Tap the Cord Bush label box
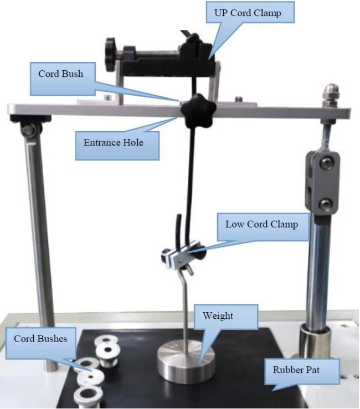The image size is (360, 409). tap(63, 79)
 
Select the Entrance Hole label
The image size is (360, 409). tap(117, 146)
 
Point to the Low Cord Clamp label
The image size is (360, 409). tap(263, 227)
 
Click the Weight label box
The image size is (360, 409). tap(226, 317)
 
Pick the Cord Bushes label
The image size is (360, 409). tap(41, 343)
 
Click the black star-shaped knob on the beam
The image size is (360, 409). tap(198, 111)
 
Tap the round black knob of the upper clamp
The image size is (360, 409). tap(110, 55)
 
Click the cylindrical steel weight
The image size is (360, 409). tap(186, 361)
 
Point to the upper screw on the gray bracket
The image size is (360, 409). tap(326, 163)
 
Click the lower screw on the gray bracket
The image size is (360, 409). tap(326, 204)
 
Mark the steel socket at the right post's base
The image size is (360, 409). tap(315, 341)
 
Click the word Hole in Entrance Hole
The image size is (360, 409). tap(133, 142)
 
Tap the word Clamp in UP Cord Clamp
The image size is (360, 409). tap(267, 13)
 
